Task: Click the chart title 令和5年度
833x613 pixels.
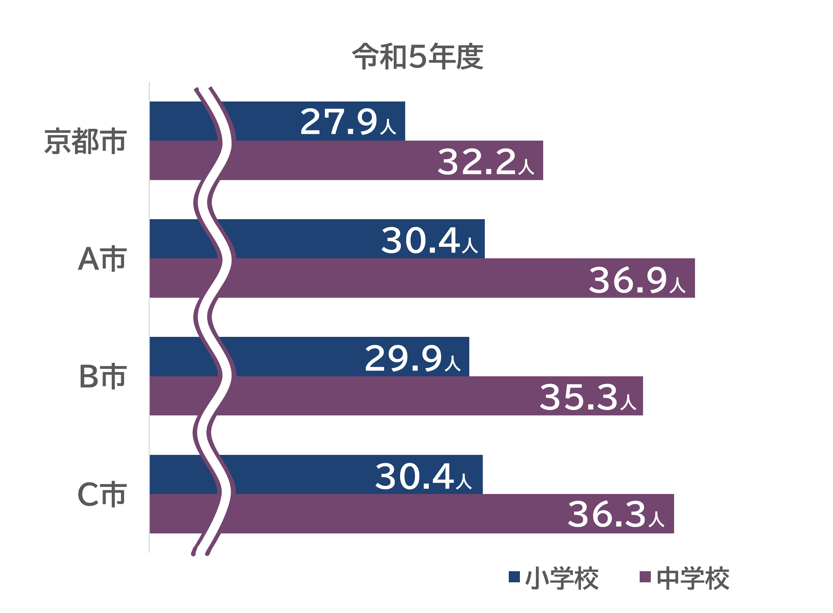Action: click(x=417, y=56)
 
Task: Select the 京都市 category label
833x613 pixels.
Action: click(x=86, y=141)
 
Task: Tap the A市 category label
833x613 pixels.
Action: click(x=102, y=259)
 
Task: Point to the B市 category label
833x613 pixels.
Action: click(x=103, y=377)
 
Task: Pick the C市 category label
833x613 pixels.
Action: click(x=102, y=494)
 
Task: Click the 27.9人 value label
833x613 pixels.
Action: click(x=348, y=121)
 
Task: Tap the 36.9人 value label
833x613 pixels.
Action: click(x=637, y=280)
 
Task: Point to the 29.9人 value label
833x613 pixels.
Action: click(x=412, y=358)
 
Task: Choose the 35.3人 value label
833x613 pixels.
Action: click(x=588, y=398)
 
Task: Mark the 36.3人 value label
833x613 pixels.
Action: click(x=616, y=515)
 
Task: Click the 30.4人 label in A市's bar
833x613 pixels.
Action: click(x=429, y=240)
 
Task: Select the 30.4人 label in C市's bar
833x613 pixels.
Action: click(x=423, y=476)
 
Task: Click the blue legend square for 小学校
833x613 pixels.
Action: click(x=514, y=577)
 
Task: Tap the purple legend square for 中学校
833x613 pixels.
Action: click(x=645, y=577)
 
